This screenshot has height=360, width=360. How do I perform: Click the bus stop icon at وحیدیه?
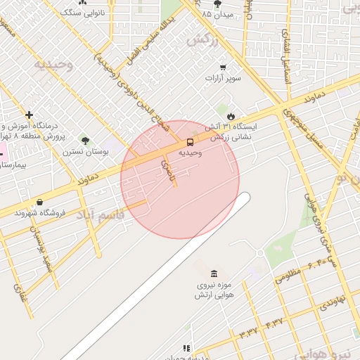tap(191, 142)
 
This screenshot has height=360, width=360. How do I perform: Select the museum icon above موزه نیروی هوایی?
tap(214, 273)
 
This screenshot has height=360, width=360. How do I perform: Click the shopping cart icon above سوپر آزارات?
tap(222, 67)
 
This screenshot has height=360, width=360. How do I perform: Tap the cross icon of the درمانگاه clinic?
tap(29, 115)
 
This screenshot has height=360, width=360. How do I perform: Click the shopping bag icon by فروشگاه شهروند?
tap(39, 202)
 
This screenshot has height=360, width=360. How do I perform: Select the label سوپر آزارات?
tap(223, 78)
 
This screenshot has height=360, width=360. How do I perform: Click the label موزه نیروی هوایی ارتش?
tap(214, 290)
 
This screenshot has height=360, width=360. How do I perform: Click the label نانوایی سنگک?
tap(84, 13)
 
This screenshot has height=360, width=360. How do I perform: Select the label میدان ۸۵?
tap(217, 14)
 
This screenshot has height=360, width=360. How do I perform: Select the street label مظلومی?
tap(288, 272)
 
